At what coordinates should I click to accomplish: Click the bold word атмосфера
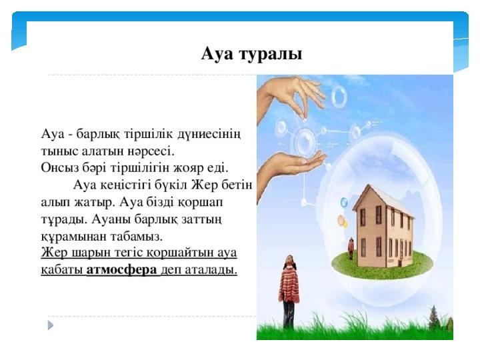pyautogui.click(x=122, y=270)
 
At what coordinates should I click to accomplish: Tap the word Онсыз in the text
pyautogui.click(x=59, y=168)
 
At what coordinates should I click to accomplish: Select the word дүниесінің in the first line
pyautogui.click(x=209, y=135)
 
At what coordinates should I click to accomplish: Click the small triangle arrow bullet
pyautogui.click(x=51, y=325)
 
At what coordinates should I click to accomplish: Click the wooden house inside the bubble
pyautogui.click(x=383, y=227)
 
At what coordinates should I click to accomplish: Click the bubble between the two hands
pyautogui.click(x=305, y=141)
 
